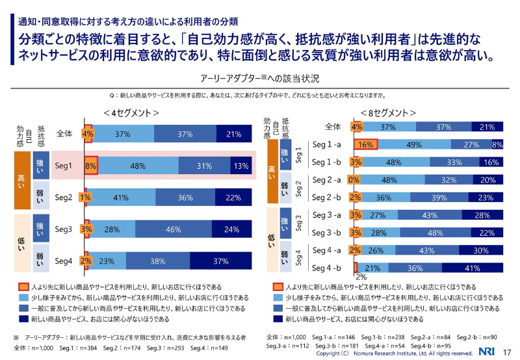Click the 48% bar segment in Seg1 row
point(137,166)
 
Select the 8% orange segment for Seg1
point(90,166)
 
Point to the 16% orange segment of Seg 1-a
point(365,144)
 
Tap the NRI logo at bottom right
point(486,352)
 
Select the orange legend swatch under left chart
point(23,287)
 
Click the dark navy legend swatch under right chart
point(278,320)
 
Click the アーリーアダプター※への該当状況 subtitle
point(260,79)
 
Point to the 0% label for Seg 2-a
point(354,180)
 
